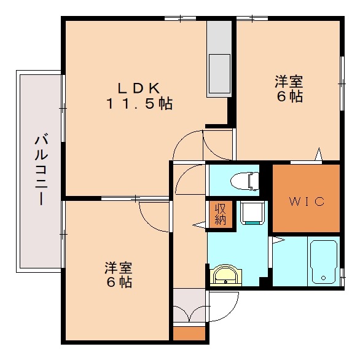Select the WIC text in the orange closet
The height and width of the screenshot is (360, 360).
[305, 202]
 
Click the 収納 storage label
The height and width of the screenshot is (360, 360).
[220, 213]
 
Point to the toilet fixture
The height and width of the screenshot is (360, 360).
[243, 181]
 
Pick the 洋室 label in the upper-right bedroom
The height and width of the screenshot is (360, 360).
[288, 80]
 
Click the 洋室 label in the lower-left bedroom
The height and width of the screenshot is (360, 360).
[117, 268]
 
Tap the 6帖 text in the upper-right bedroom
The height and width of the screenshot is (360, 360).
[288, 96]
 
